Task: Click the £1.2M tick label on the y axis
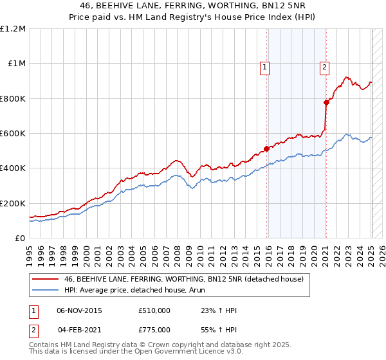13,29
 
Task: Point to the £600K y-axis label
13,134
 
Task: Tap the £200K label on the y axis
13,203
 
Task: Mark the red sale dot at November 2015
266,149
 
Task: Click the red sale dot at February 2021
326,102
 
